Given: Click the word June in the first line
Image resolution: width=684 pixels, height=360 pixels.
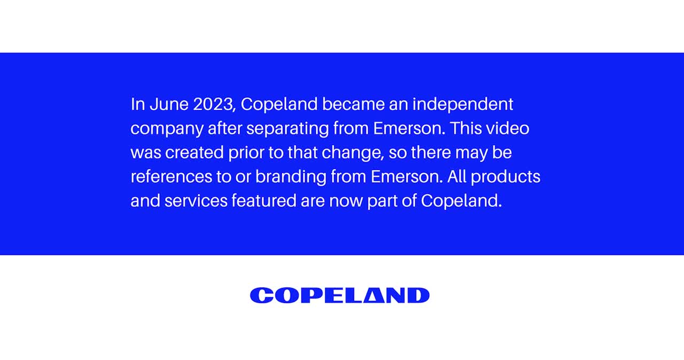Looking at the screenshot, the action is point(169,104).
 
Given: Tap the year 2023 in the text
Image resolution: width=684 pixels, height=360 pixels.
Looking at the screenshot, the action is point(213,104).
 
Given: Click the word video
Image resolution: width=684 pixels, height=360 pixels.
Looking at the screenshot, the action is point(508,128).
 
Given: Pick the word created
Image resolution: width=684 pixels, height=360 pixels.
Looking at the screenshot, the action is point(195,153).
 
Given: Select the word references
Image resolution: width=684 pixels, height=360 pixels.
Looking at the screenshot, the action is point(172,177).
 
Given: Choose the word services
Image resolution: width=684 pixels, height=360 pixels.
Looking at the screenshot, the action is point(196,201).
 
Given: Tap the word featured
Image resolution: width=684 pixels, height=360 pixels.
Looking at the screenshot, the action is point(264,201).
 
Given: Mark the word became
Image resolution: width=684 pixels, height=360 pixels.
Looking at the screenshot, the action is point(353,104).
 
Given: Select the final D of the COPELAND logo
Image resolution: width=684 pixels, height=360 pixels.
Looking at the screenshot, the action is point(418,295).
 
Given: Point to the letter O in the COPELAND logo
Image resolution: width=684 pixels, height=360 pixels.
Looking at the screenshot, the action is point(285,295).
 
